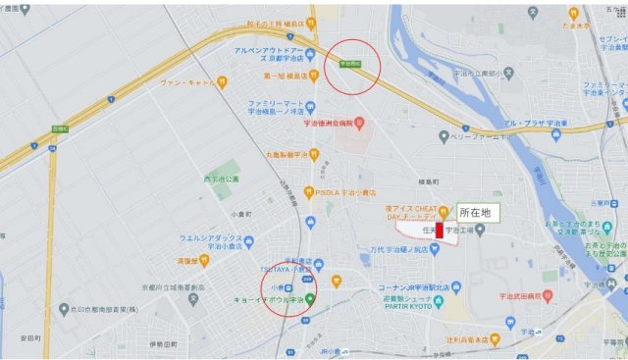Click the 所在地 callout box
(x=478, y=213)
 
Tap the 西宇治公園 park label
(x=222, y=180)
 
